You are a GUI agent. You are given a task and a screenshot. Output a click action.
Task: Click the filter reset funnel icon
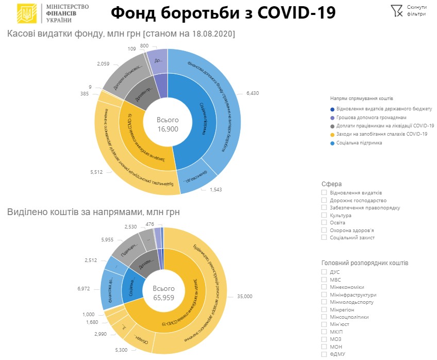396,10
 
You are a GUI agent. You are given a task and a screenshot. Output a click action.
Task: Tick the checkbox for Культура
324,215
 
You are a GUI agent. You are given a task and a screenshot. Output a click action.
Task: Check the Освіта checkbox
324,222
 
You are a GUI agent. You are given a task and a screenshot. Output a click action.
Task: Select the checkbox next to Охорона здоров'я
324,230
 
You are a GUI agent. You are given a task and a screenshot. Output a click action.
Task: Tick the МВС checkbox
324,280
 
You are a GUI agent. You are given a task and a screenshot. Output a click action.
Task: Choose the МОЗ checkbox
324,339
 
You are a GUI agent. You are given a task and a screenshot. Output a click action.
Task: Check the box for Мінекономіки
324,287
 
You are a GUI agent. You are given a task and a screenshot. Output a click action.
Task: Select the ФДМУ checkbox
324,354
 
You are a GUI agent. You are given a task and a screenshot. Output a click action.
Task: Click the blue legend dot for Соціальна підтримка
332,143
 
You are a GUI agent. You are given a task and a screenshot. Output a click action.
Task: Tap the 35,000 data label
245,296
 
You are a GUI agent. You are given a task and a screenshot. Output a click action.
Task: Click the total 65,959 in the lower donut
164,298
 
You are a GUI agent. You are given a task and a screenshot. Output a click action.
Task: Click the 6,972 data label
84,289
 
